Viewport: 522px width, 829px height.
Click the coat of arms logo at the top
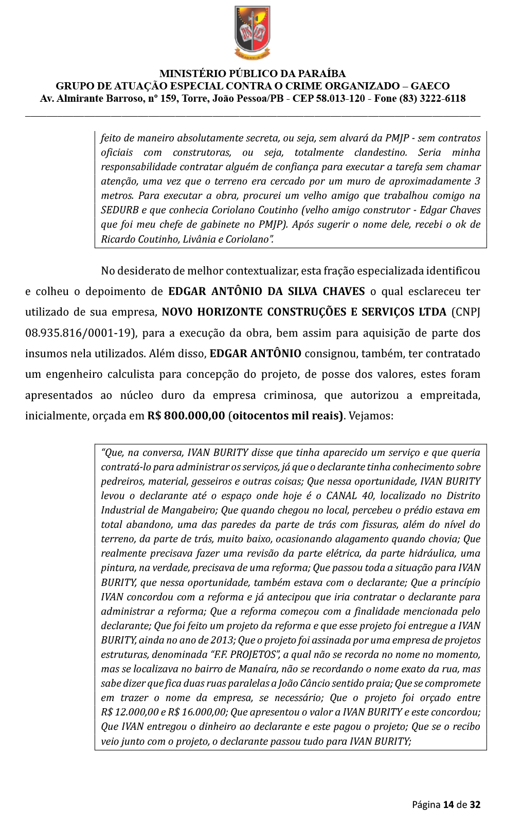[253, 32]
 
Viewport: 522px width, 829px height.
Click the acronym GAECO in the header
[430, 86]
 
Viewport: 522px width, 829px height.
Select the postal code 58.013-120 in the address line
[338, 99]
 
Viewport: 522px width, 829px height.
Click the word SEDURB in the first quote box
[120, 210]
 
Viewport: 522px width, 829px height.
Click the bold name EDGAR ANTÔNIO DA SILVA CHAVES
[266, 291]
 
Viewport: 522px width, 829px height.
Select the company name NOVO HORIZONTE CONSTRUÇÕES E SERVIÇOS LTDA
[304, 312]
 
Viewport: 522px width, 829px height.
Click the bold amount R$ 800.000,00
[186, 416]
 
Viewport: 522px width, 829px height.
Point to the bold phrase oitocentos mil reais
[287, 416]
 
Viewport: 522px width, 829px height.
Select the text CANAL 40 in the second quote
[349, 496]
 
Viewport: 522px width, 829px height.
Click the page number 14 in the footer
[448, 804]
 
